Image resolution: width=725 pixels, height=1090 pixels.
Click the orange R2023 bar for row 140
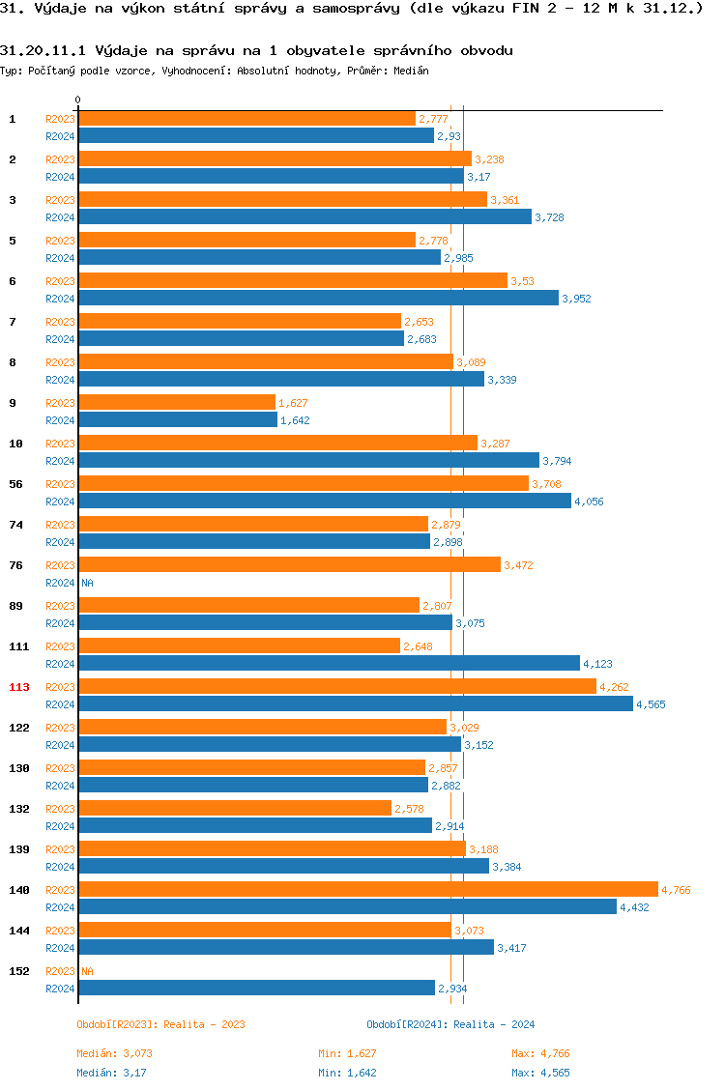(367, 889)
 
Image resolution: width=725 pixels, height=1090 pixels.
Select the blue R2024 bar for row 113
(355, 703)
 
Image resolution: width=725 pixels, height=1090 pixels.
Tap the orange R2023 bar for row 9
(177, 402)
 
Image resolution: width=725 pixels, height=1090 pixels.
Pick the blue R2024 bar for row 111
(329, 663)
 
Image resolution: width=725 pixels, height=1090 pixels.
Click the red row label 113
(19, 687)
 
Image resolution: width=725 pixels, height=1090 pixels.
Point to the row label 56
(16, 484)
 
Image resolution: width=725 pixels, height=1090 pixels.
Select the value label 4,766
(676, 890)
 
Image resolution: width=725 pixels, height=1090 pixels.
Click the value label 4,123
(597, 664)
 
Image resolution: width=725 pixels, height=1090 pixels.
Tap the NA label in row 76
(87, 583)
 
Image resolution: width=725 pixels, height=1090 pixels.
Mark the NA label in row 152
(87, 971)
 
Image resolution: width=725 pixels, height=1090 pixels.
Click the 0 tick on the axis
(78, 100)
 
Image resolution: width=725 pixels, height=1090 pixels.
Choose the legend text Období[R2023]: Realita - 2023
(160, 1024)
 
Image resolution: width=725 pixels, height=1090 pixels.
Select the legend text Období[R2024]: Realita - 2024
(450, 1024)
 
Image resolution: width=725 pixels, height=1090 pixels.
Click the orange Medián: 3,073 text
(115, 1053)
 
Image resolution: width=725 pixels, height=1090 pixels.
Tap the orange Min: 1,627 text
(347, 1053)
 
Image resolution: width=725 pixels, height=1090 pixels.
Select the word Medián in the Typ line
(412, 71)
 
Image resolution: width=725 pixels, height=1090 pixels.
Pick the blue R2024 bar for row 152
(256, 988)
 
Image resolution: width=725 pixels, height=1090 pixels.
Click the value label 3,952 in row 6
(576, 299)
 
